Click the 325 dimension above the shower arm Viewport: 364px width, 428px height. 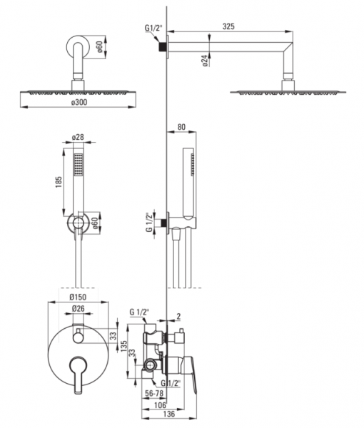228,26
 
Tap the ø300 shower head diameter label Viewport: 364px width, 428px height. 79,102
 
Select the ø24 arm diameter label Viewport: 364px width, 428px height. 206,61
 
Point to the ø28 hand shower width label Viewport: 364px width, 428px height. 78,137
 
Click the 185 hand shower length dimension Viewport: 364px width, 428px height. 59,182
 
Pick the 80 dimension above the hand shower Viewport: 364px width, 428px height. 181,127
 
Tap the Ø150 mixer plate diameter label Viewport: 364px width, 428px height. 78,297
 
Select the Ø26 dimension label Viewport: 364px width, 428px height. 78,308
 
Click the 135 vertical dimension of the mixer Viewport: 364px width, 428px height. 123,347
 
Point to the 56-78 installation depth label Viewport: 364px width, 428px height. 154,393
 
